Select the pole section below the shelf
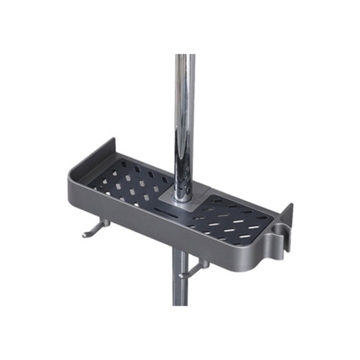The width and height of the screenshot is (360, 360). pyautogui.click(x=180, y=280)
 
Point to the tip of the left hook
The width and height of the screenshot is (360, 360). pyautogui.click(x=84, y=235)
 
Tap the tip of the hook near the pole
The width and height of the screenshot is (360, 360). pyautogui.click(x=180, y=275)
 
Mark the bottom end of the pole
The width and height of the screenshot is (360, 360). pyautogui.click(x=180, y=302)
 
